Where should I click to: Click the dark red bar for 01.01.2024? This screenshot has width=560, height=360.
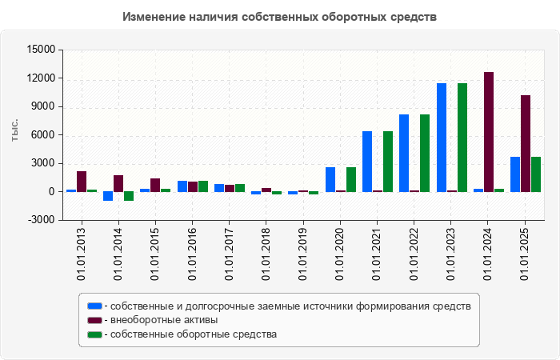(x=489, y=132)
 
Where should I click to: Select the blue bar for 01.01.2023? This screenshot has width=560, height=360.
(x=442, y=138)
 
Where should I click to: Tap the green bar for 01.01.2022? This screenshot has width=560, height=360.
(x=425, y=153)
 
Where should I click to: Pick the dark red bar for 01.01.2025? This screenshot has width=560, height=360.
(x=526, y=143)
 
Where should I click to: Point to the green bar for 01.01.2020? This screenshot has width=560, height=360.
(x=350, y=179)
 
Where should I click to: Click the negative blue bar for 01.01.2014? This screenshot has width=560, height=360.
(x=108, y=196)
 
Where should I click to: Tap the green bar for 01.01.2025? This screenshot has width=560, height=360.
(x=536, y=174)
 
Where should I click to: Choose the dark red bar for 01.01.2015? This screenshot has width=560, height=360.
(x=155, y=185)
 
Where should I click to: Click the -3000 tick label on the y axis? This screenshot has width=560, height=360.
(x=40, y=220)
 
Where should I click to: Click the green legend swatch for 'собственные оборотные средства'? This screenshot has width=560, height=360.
(x=94, y=334)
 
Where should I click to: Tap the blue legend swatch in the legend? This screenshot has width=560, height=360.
(x=94, y=306)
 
